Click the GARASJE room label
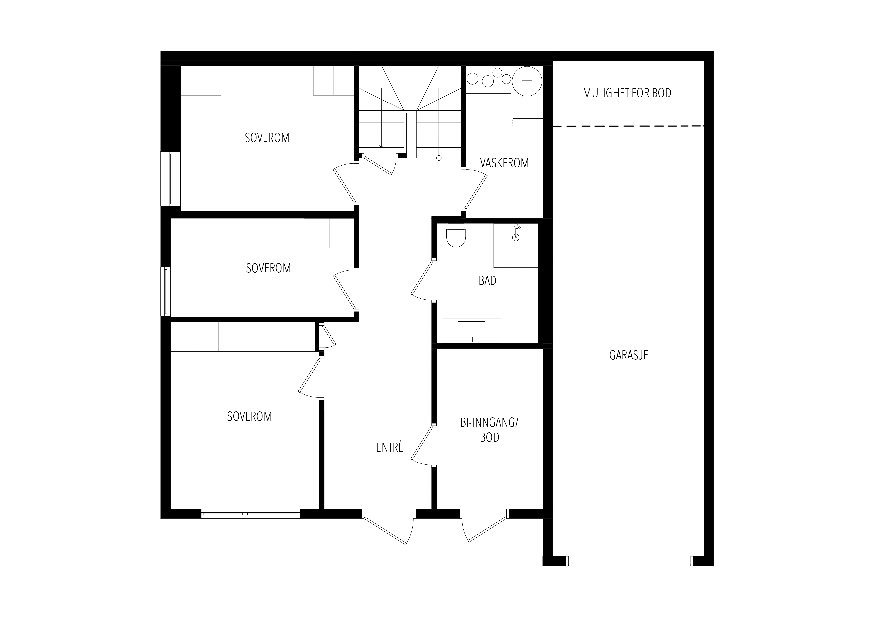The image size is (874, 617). (x=629, y=355)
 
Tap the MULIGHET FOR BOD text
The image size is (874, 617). (x=627, y=93)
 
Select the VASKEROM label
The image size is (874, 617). (x=504, y=163)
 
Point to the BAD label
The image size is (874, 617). (x=487, y=281)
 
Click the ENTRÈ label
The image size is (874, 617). (x=389, y=447)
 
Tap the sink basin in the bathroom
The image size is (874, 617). (x=472, y=331)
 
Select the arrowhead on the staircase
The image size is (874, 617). (x=382, y=145)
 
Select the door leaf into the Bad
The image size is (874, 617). (x=423, y=278)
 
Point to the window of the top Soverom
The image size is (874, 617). (x=170, y=179)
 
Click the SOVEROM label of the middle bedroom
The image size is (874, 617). (x=268, y=268)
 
